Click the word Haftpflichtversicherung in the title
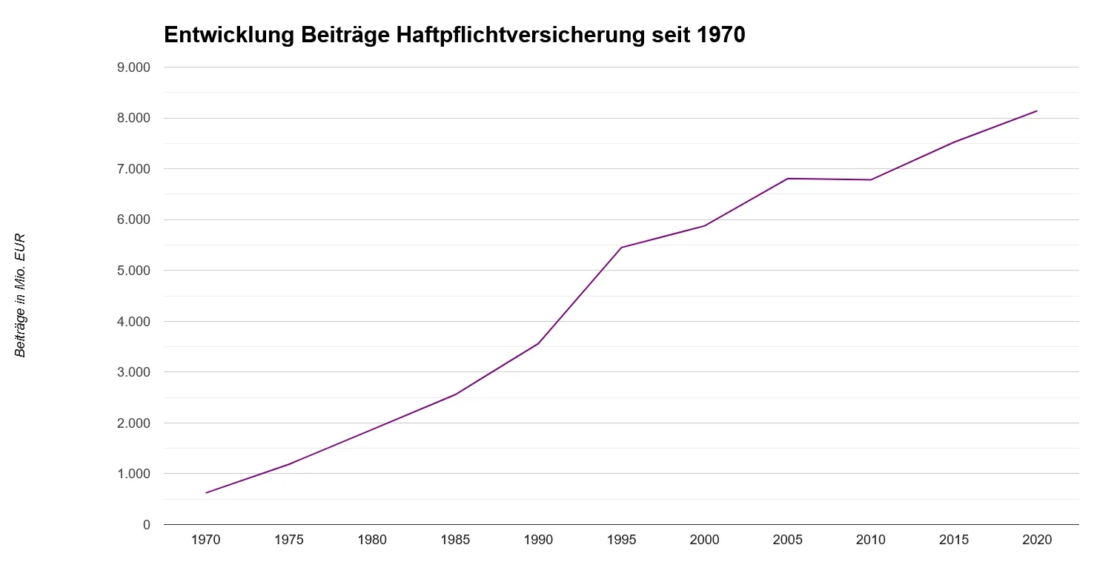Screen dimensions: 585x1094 click(532, 36)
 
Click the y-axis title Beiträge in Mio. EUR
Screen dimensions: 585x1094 click(21, 295)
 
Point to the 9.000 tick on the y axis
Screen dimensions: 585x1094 click(134, 67)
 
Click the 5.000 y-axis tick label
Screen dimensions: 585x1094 click(134, 271)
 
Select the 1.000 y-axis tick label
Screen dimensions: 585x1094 click(134, 474)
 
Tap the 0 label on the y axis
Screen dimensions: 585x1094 click(146, 525)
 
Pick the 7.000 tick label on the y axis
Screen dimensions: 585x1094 click(134, 169)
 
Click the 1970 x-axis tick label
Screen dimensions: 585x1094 click(205, 540)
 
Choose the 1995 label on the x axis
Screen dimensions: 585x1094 click(621, 540)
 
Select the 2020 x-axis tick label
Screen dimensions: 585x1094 click(1037, 540)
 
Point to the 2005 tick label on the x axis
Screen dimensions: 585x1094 click(787, 540)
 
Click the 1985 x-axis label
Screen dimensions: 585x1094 click(455, 540)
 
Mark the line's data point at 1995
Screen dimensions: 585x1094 click(621, 248)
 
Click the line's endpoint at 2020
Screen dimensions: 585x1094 click(1037, 111)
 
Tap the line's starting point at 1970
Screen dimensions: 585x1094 click(205, 493)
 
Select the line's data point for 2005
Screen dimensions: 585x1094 click(787, 179)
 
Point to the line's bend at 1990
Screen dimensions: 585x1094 click(538, 343)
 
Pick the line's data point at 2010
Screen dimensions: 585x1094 click(871, 179)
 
